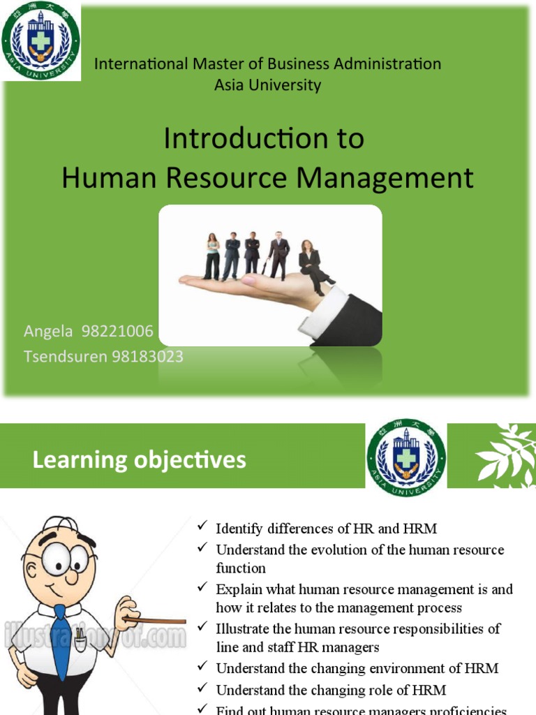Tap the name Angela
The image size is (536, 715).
[x=50, y=331]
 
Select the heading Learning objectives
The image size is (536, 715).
[x=139, y=460]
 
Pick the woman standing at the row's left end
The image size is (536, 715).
[x=212, y=256]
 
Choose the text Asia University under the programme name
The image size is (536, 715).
[x=267, y=85]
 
